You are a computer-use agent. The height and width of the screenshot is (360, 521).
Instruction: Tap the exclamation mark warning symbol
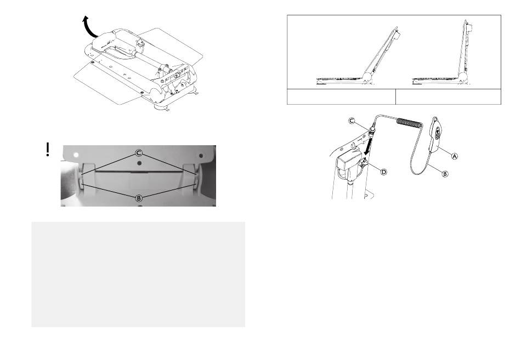[x=48, y=150]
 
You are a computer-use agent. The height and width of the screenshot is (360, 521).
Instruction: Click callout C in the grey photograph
[x=139, y=153]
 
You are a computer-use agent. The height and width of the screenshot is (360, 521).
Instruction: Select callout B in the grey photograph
[x=139, y=198]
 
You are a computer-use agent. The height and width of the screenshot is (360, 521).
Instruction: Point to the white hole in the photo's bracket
[x=76, y=155]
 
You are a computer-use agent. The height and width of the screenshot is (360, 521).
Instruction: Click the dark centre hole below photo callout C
[x=139, y=163]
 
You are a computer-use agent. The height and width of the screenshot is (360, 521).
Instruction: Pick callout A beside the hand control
[x=455, y=156]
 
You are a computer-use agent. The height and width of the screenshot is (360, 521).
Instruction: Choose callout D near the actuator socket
[x=383, y=172]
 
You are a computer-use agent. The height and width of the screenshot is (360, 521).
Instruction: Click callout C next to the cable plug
[x=352, y=121]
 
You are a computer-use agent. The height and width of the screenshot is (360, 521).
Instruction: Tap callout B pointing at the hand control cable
[x=445, y=173]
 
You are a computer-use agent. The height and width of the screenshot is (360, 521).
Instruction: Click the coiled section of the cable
[x=410, y=123]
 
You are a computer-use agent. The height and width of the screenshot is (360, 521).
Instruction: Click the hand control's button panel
[x=438, y=132]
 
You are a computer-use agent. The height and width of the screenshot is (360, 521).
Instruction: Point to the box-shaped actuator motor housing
[x=349, y=161]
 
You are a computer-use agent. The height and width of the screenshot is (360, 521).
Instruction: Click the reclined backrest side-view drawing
[x=358, y=56]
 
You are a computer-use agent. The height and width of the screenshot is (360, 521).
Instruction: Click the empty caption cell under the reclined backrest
[x=341, y=96]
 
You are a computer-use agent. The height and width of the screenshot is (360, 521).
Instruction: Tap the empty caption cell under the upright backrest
[x=448, y=96]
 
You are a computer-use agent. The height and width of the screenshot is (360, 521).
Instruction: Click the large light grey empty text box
[x=138, y=275]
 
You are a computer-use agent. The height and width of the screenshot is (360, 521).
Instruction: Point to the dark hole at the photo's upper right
[x=201, y=156]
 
